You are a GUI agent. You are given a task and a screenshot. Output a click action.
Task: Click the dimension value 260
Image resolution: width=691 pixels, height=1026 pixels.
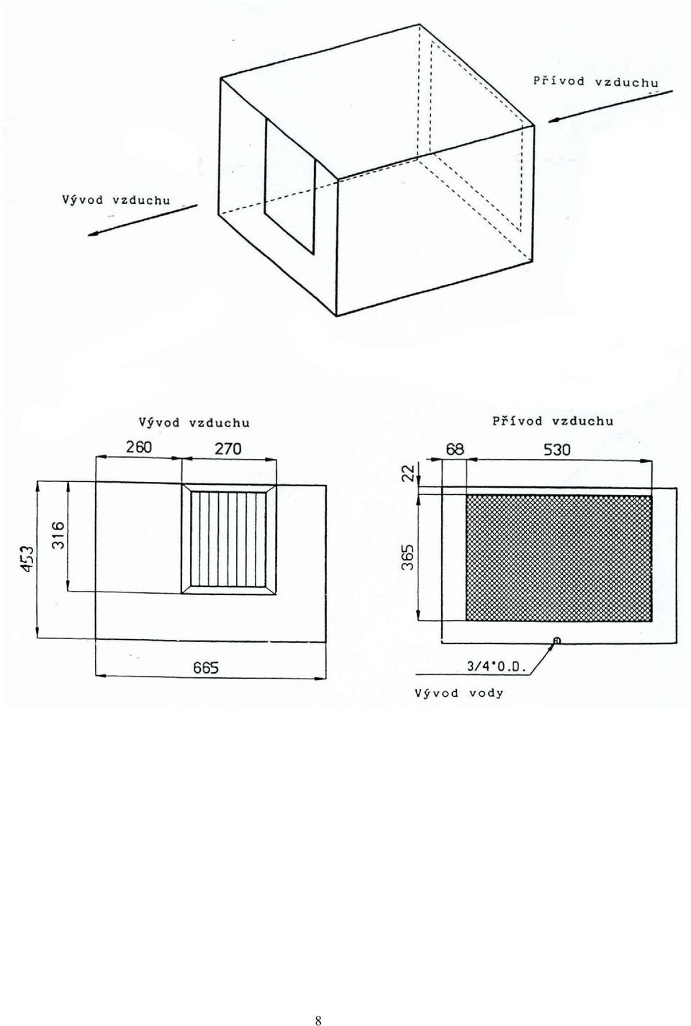(139, 447)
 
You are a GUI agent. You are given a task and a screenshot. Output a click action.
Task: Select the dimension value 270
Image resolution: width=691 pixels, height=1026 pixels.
(228, 448)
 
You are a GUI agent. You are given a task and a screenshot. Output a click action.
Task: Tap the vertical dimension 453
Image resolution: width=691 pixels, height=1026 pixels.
(28, 559)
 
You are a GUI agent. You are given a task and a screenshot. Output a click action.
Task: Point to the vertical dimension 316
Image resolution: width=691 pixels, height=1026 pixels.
(59, 536)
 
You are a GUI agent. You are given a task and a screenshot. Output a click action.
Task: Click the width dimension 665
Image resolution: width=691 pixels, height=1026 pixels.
(206, 669)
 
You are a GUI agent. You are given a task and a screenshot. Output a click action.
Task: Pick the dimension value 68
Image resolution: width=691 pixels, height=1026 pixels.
(455, 450)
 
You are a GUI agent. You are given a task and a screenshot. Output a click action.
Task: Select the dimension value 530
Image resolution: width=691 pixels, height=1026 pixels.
(557, 450)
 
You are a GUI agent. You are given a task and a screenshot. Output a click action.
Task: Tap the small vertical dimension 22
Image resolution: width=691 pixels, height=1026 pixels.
(410, 472)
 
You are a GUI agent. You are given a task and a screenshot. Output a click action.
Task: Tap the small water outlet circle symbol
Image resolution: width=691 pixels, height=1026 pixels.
(557, 641)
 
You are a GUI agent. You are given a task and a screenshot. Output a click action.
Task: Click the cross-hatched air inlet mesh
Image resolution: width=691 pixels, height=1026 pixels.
(559, 558)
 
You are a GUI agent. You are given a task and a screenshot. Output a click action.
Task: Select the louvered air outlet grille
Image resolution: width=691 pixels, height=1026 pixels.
(229, 539)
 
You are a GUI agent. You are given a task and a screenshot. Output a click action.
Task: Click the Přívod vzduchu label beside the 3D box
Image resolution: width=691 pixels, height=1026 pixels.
(596, 82)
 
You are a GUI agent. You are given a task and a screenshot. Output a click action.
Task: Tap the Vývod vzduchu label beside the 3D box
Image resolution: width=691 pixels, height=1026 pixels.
(116, 200)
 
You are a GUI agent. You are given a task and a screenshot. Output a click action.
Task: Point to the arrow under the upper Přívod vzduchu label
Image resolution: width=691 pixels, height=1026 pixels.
(610, 106)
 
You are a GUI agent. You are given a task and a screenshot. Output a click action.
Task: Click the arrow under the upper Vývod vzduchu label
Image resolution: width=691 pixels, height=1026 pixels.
(143, 220)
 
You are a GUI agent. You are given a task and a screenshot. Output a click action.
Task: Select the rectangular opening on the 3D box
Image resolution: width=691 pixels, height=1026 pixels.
(289, 186)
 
